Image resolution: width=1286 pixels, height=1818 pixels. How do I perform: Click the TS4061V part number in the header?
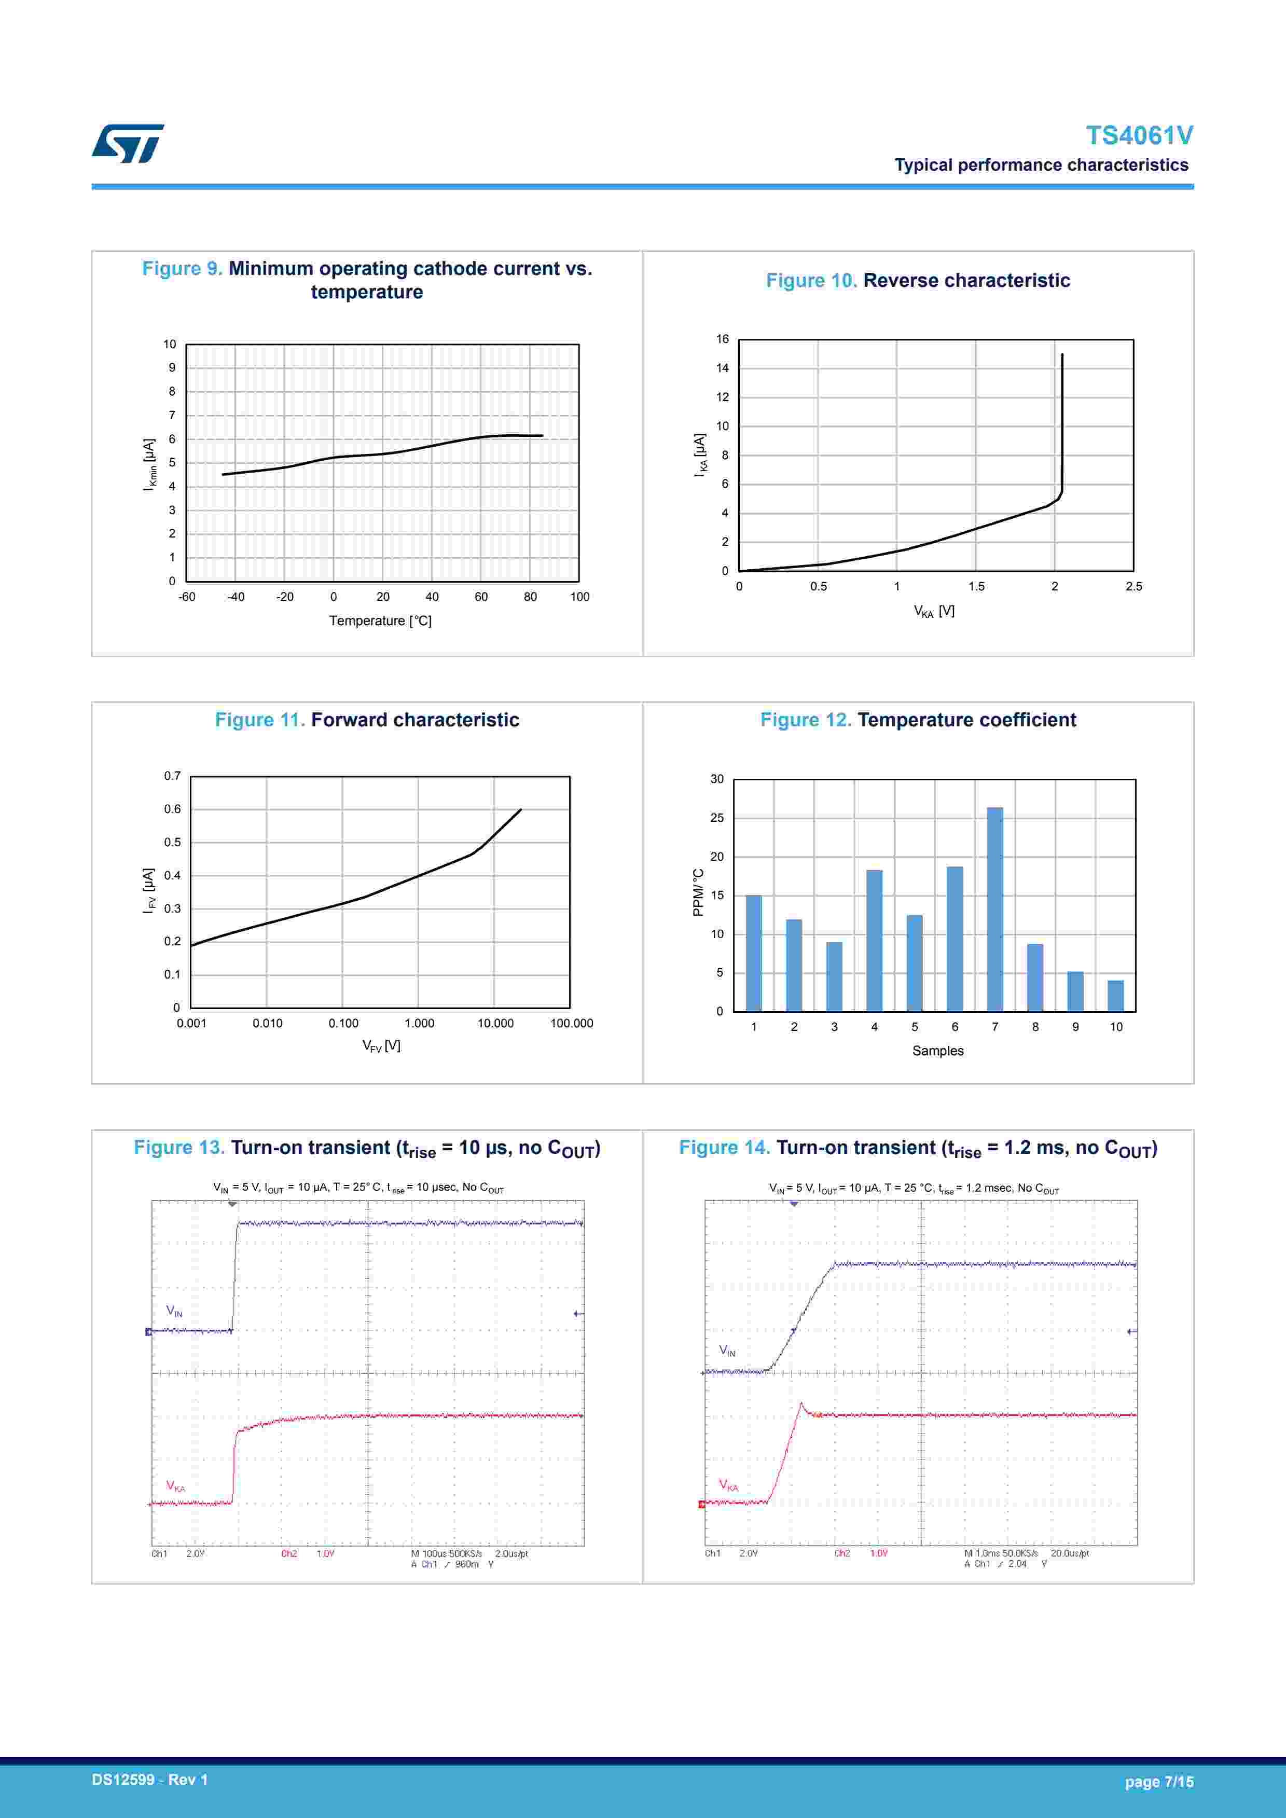[1139, 135]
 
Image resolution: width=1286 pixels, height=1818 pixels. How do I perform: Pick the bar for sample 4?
[874, 940]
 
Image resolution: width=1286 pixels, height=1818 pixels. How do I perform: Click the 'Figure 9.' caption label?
[182, 268]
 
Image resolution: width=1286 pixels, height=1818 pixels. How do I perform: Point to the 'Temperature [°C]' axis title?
[380, 621]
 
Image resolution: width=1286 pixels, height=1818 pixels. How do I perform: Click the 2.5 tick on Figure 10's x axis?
[1133, 587]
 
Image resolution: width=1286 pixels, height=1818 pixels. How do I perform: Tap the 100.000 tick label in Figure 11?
[571, 1023]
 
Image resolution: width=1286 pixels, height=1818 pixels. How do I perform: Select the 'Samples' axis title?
[937, 1051]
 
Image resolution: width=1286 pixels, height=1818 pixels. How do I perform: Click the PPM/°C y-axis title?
[698, 892]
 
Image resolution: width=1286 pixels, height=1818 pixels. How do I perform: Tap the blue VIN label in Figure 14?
[727, 1350]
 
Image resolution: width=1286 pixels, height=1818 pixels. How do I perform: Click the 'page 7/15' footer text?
[1158, 1782]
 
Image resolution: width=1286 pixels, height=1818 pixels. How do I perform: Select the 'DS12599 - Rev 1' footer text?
[150, 1779]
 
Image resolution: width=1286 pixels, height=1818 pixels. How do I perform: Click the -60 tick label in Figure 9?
[187, 597]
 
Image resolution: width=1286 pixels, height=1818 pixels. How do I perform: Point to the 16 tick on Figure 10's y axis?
[722, 339]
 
